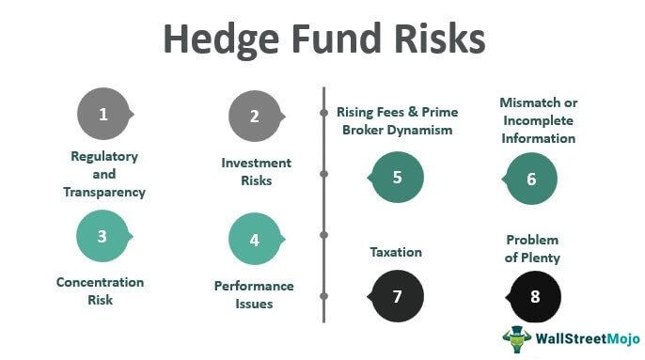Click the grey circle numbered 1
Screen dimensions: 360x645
click(103, 115)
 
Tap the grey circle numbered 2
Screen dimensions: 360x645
click(255, 117)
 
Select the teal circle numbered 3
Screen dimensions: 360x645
click(102, 236)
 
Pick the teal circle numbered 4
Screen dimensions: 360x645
click(255, 240)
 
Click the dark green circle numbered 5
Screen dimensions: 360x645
click(397, 176)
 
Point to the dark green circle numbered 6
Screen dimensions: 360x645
click(531, 178)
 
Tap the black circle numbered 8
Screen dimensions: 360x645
click(535, 296)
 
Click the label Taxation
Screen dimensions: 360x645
click(395, 252)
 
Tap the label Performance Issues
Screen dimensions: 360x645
click(254, 294)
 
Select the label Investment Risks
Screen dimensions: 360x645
click(256, 171)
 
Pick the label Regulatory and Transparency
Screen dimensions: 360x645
click(104, 173)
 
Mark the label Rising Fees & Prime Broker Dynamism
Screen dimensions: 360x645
click(394, 121)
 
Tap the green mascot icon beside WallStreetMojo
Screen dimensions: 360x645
click(516, 339)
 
